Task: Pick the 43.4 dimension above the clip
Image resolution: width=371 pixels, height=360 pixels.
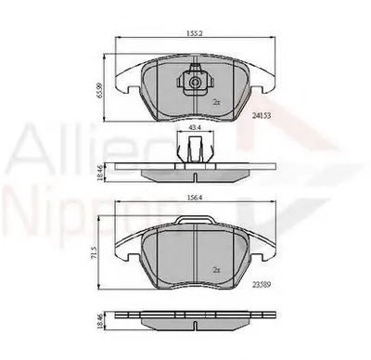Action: point(193,126)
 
